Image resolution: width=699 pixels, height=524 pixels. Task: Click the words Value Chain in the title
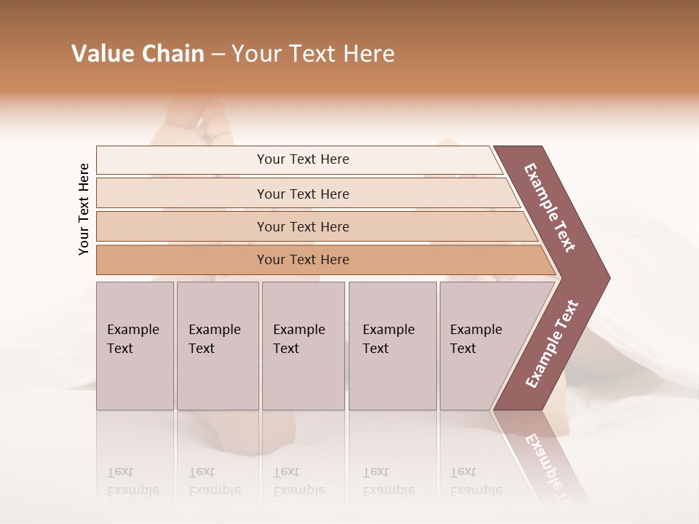[138, 54]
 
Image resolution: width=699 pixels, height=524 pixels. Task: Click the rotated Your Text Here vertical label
[84, 209]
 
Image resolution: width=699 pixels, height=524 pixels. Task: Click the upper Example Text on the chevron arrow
[550, 207]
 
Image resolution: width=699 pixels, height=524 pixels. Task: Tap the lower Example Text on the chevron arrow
[552, 344]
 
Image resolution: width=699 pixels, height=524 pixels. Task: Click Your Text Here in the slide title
[313, 54]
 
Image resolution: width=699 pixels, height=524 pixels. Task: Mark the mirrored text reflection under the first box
[133, 482]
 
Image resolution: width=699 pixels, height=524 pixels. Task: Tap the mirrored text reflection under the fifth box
[475, 482]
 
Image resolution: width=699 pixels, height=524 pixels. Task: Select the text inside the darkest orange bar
[303, 260]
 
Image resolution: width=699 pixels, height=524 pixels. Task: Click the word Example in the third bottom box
[299, 330]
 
